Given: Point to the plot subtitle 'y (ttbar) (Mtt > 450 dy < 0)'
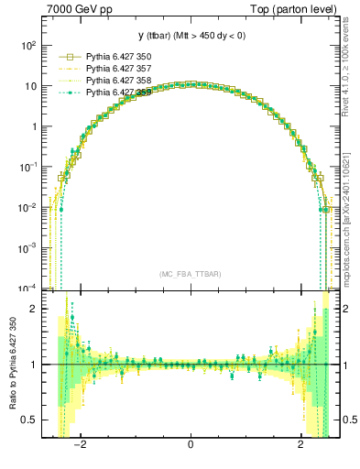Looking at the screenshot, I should pos(190,36).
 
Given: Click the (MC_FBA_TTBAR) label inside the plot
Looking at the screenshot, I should pos(190,274).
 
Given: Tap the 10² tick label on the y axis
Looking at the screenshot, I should pos(28,45).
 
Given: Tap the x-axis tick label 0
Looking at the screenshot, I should pos(190,446).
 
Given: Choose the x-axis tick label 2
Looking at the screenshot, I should pos(300,446).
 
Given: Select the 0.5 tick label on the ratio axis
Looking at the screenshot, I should pos(29,420).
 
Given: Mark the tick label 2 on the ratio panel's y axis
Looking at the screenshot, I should pos(34,309).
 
